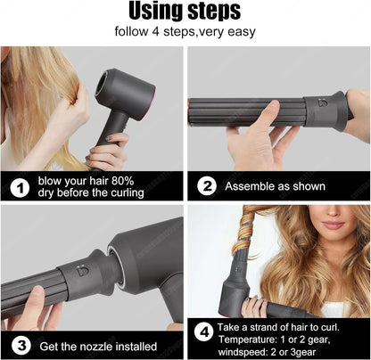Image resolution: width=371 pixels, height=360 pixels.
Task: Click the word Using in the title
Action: point(155,11)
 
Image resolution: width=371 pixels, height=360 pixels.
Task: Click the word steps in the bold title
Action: point(210,12)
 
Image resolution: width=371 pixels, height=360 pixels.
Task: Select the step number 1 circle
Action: point(19,186)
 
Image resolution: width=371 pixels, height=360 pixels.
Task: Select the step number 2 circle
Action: point(206,186)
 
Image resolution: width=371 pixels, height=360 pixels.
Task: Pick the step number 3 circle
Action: point(19,344)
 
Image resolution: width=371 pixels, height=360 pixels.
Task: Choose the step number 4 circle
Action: point(205,331)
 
